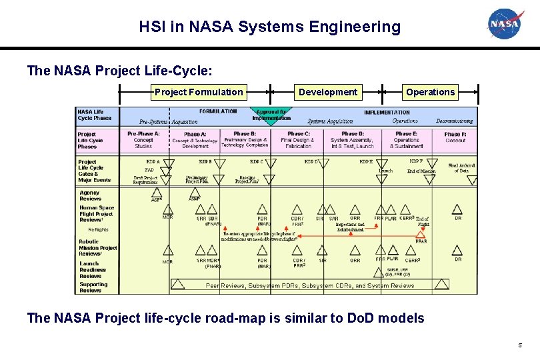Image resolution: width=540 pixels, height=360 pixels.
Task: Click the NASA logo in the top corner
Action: [507, 24]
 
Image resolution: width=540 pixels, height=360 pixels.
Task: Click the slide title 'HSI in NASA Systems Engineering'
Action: [270, 27]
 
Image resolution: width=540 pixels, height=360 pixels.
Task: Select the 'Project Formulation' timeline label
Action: [199, 92]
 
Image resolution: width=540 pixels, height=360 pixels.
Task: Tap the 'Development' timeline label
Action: [327, 92]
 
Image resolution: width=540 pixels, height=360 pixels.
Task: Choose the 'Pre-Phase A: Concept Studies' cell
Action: [143, 139]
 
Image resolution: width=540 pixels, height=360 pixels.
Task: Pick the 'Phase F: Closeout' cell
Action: [455, 137]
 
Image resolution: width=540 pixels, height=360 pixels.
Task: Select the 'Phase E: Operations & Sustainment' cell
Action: [407, 139]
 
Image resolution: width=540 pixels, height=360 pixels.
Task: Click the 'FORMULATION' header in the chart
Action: [218, 111]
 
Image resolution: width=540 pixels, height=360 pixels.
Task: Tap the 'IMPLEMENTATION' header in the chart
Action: [387, 113]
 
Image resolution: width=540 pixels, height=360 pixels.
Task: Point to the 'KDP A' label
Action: [153, 161]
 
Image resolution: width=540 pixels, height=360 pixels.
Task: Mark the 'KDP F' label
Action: [416, 161]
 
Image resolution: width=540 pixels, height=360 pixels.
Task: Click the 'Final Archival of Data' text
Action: [462, 168]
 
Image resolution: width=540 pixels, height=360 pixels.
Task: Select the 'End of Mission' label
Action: [421, 171]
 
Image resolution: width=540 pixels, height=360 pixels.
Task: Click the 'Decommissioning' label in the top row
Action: [455, 121]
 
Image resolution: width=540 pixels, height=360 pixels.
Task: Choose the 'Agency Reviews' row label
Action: [90, 195]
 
